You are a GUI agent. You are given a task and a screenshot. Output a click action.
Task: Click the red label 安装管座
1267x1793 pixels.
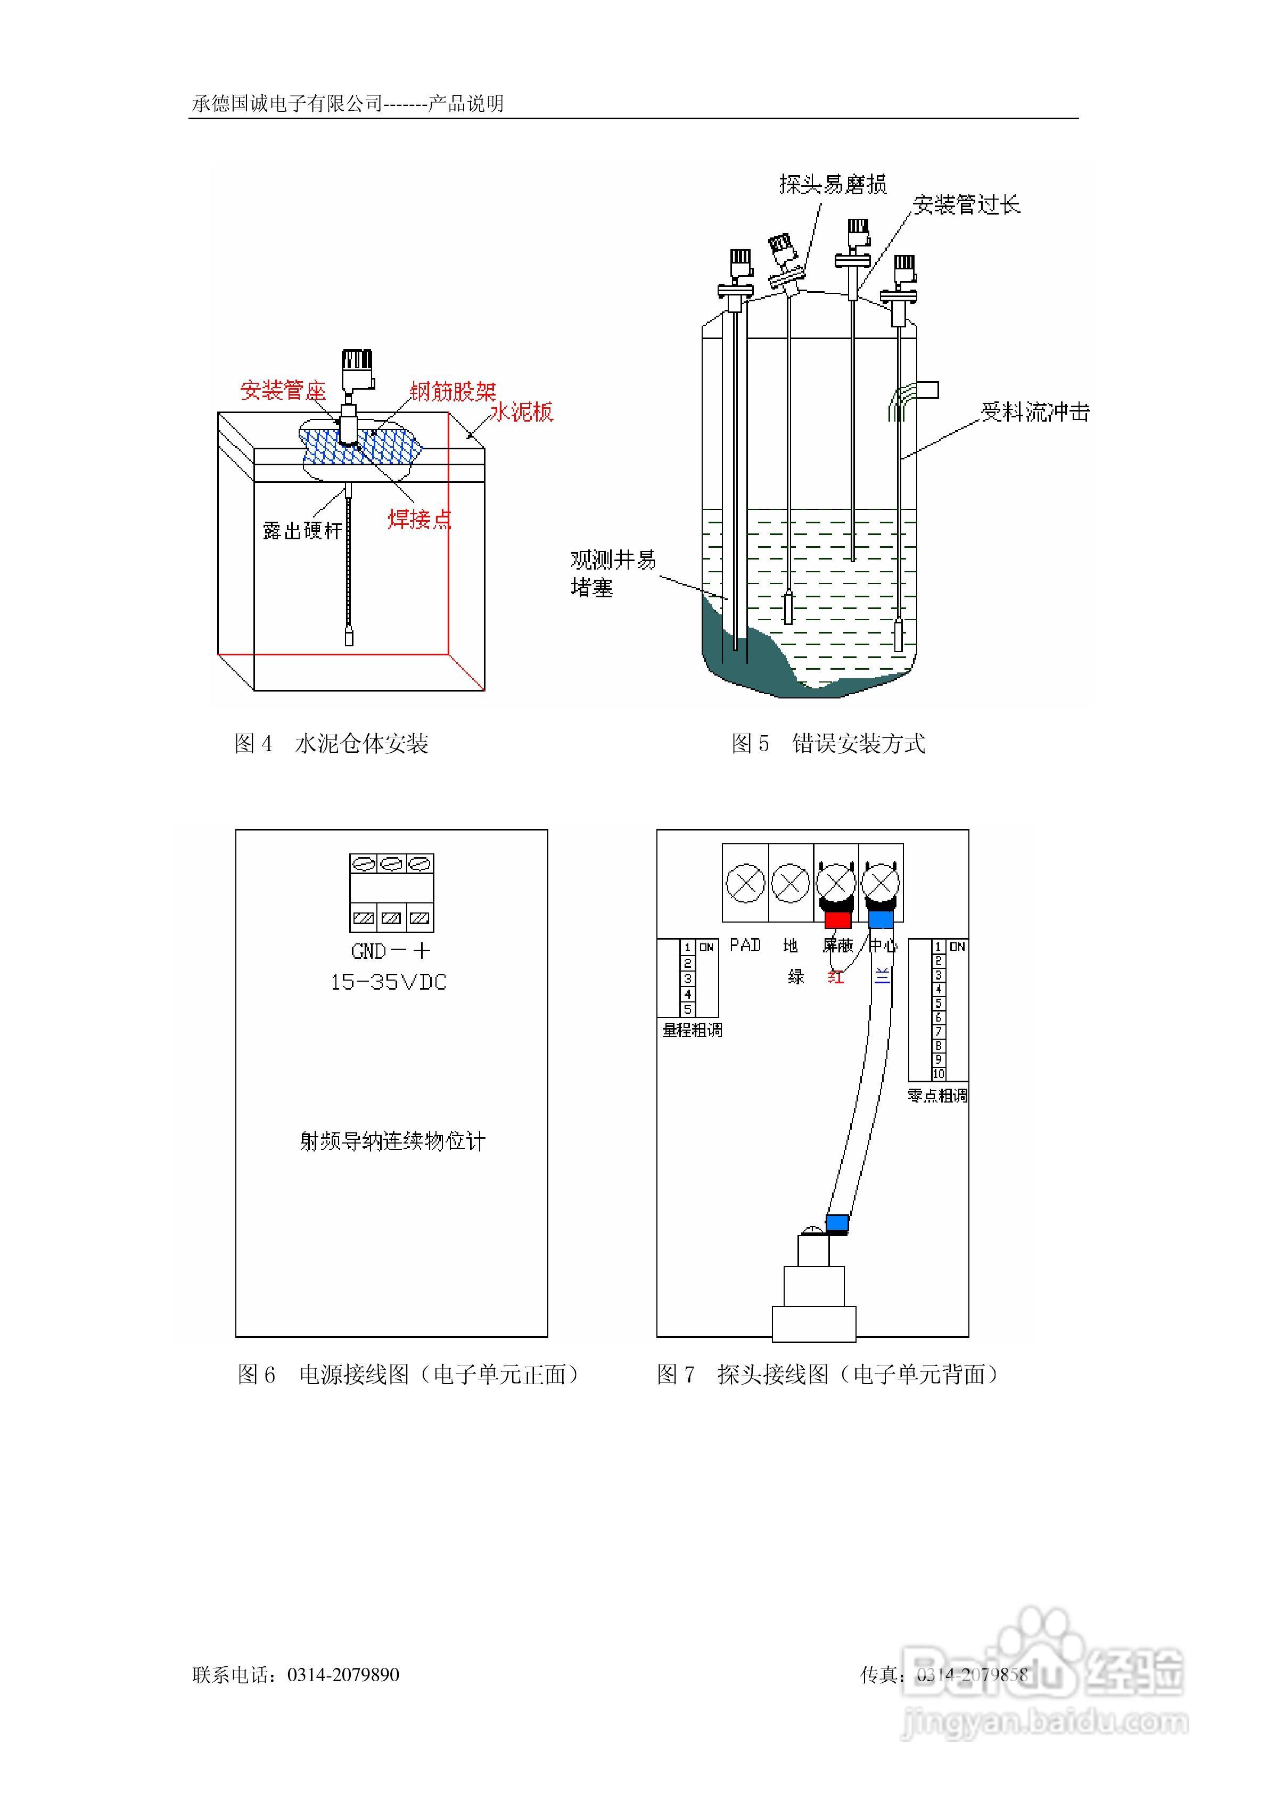pyautogui.click(x=282, y=390)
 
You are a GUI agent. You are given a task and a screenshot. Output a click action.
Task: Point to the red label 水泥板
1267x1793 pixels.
pyautogui.click(x=521, y=413)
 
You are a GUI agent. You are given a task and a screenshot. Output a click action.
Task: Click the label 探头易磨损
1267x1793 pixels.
pyautogui.click(x=833, y=184)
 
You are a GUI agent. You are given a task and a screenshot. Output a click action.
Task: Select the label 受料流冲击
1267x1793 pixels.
pyautogui.click(x=1035, y=413)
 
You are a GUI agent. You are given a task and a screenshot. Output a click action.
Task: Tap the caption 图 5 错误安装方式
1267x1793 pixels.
pyautogui.click(x=828, y=743)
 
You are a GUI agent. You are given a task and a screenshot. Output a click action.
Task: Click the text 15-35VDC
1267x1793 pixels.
pyautogui.click(x=388, y=982)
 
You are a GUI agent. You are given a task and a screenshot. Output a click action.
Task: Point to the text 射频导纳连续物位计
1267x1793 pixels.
pyautogui.click(x=392, y=1141)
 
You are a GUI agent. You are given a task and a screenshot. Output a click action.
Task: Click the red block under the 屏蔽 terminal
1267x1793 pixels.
pyautogui.click(x=837, y=920)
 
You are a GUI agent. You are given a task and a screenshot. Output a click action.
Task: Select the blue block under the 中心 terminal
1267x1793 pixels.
pyautogui.click(x=881, y=919)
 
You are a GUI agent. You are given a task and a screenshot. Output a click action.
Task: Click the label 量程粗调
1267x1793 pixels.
pyautogui.click(x=692, y=1030)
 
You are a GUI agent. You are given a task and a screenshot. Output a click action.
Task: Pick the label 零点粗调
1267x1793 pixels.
pyautogui.click(x=937, y=1096)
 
